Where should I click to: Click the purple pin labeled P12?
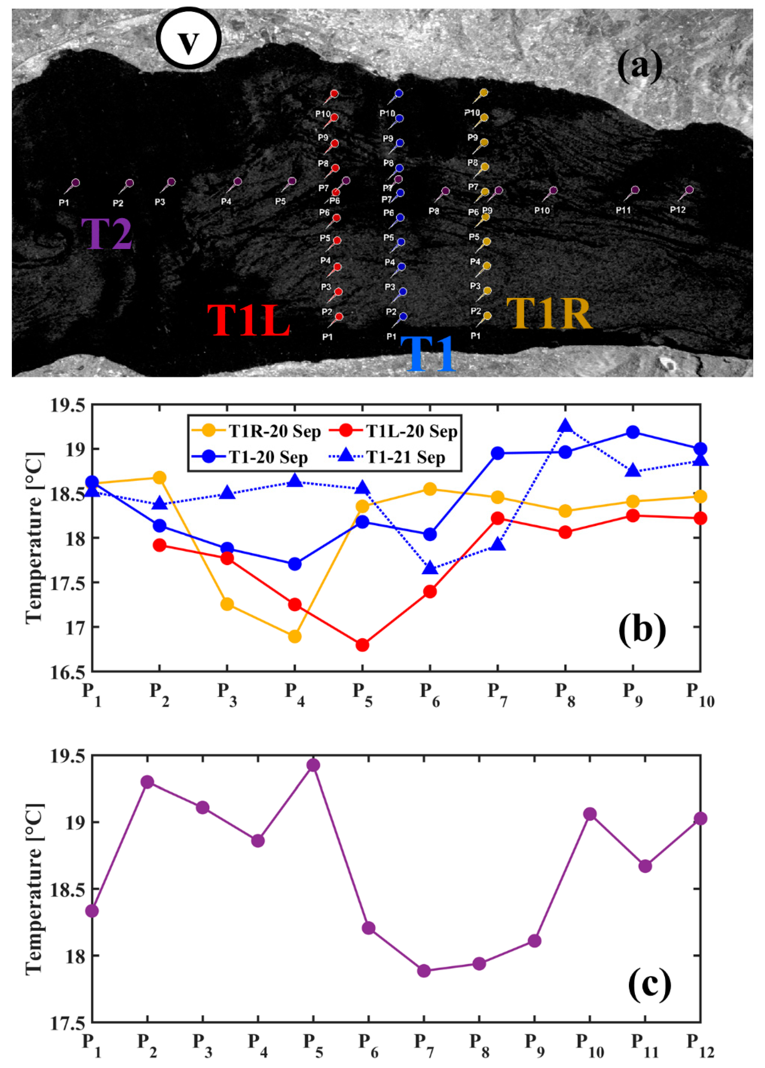689,190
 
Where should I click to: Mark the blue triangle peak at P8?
565,426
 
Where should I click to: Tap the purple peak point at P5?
313,765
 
